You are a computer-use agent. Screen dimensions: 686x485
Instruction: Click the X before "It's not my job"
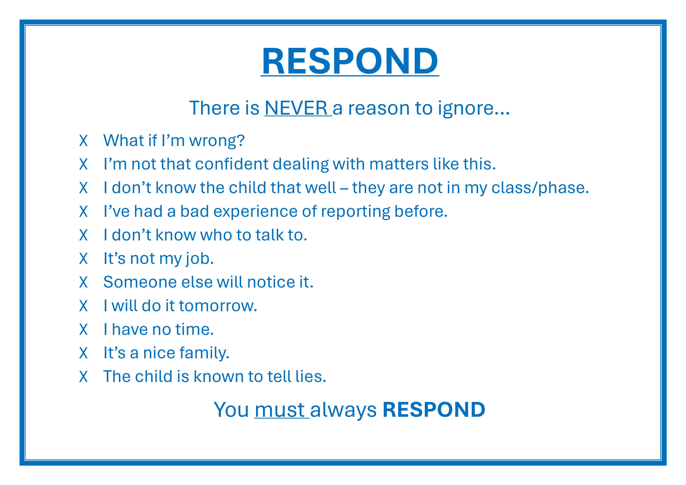point(84,259)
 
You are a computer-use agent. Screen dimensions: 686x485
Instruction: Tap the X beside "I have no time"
point(84,329)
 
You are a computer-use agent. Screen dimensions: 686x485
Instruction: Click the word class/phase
point(540,188)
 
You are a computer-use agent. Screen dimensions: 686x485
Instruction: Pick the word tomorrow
point(218,306)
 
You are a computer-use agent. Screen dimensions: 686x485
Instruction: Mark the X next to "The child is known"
point(84,377)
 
